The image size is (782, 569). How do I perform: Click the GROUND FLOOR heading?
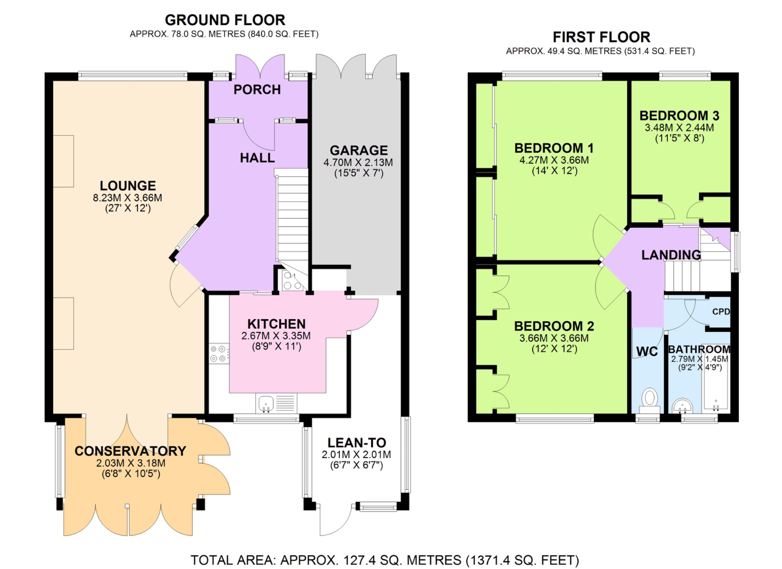[x=225, y=20]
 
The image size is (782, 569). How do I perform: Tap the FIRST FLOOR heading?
[x=601, y=37]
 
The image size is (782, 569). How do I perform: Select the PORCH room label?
[x=257, y=89]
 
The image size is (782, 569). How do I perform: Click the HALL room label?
[x=257, y=158]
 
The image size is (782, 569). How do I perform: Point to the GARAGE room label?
[x=359, y=150]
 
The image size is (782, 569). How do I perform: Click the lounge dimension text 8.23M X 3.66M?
[x=128, y=198]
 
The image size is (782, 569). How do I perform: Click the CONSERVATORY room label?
[x=130, y=451]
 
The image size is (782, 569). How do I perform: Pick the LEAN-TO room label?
[x=357, y=443]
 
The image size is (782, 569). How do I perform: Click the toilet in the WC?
[x=650, y=399]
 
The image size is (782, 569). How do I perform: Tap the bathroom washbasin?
[x=682, y=406]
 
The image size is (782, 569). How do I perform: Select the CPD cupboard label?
[x=721, y=311]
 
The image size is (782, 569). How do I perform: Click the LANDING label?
[x=671, y=255]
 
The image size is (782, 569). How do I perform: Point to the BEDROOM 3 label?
[x=679, y=115]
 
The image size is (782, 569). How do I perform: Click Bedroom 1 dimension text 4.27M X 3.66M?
[x=554, y=160]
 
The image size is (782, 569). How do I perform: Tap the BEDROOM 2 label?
[x=554, y=326]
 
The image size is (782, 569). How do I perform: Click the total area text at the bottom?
[x=385, y=560]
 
